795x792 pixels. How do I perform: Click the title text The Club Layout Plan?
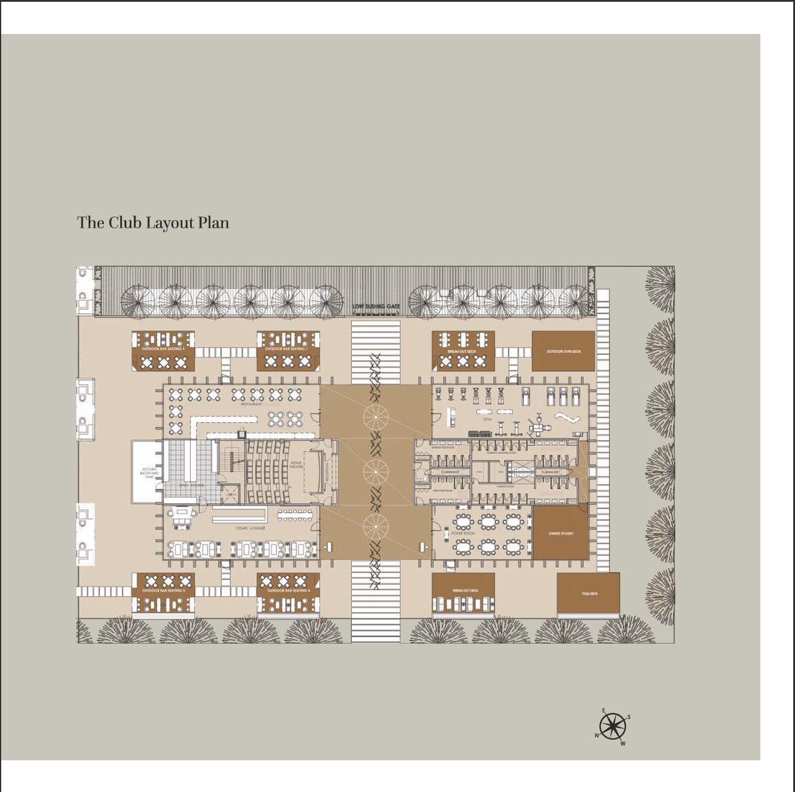pos(153,223)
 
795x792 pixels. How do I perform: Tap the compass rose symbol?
pos(613,726)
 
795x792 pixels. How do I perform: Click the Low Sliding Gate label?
pos(375,306)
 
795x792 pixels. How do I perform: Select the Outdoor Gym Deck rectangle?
pos(563,351)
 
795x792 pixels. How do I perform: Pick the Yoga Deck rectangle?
pos(588,593)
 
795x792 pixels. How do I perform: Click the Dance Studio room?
pos(561,533)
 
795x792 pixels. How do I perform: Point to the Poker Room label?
pos(463,533)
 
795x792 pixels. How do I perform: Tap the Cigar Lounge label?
pos(251,528)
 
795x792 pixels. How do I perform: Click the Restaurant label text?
pos(251,404)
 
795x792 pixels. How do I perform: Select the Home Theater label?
pos(296,465)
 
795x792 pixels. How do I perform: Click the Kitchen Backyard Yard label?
pos(149,473)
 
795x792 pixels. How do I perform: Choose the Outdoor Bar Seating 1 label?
pos(163,348)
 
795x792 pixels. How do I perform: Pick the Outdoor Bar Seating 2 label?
pos(288,348)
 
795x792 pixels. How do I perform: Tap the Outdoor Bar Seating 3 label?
pos(163,590)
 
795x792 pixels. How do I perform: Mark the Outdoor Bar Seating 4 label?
pos(288,590)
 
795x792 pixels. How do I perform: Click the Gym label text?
pos(487,419)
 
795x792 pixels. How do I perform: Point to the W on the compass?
pos(623,744)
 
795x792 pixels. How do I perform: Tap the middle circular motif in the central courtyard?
pos(375,471)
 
